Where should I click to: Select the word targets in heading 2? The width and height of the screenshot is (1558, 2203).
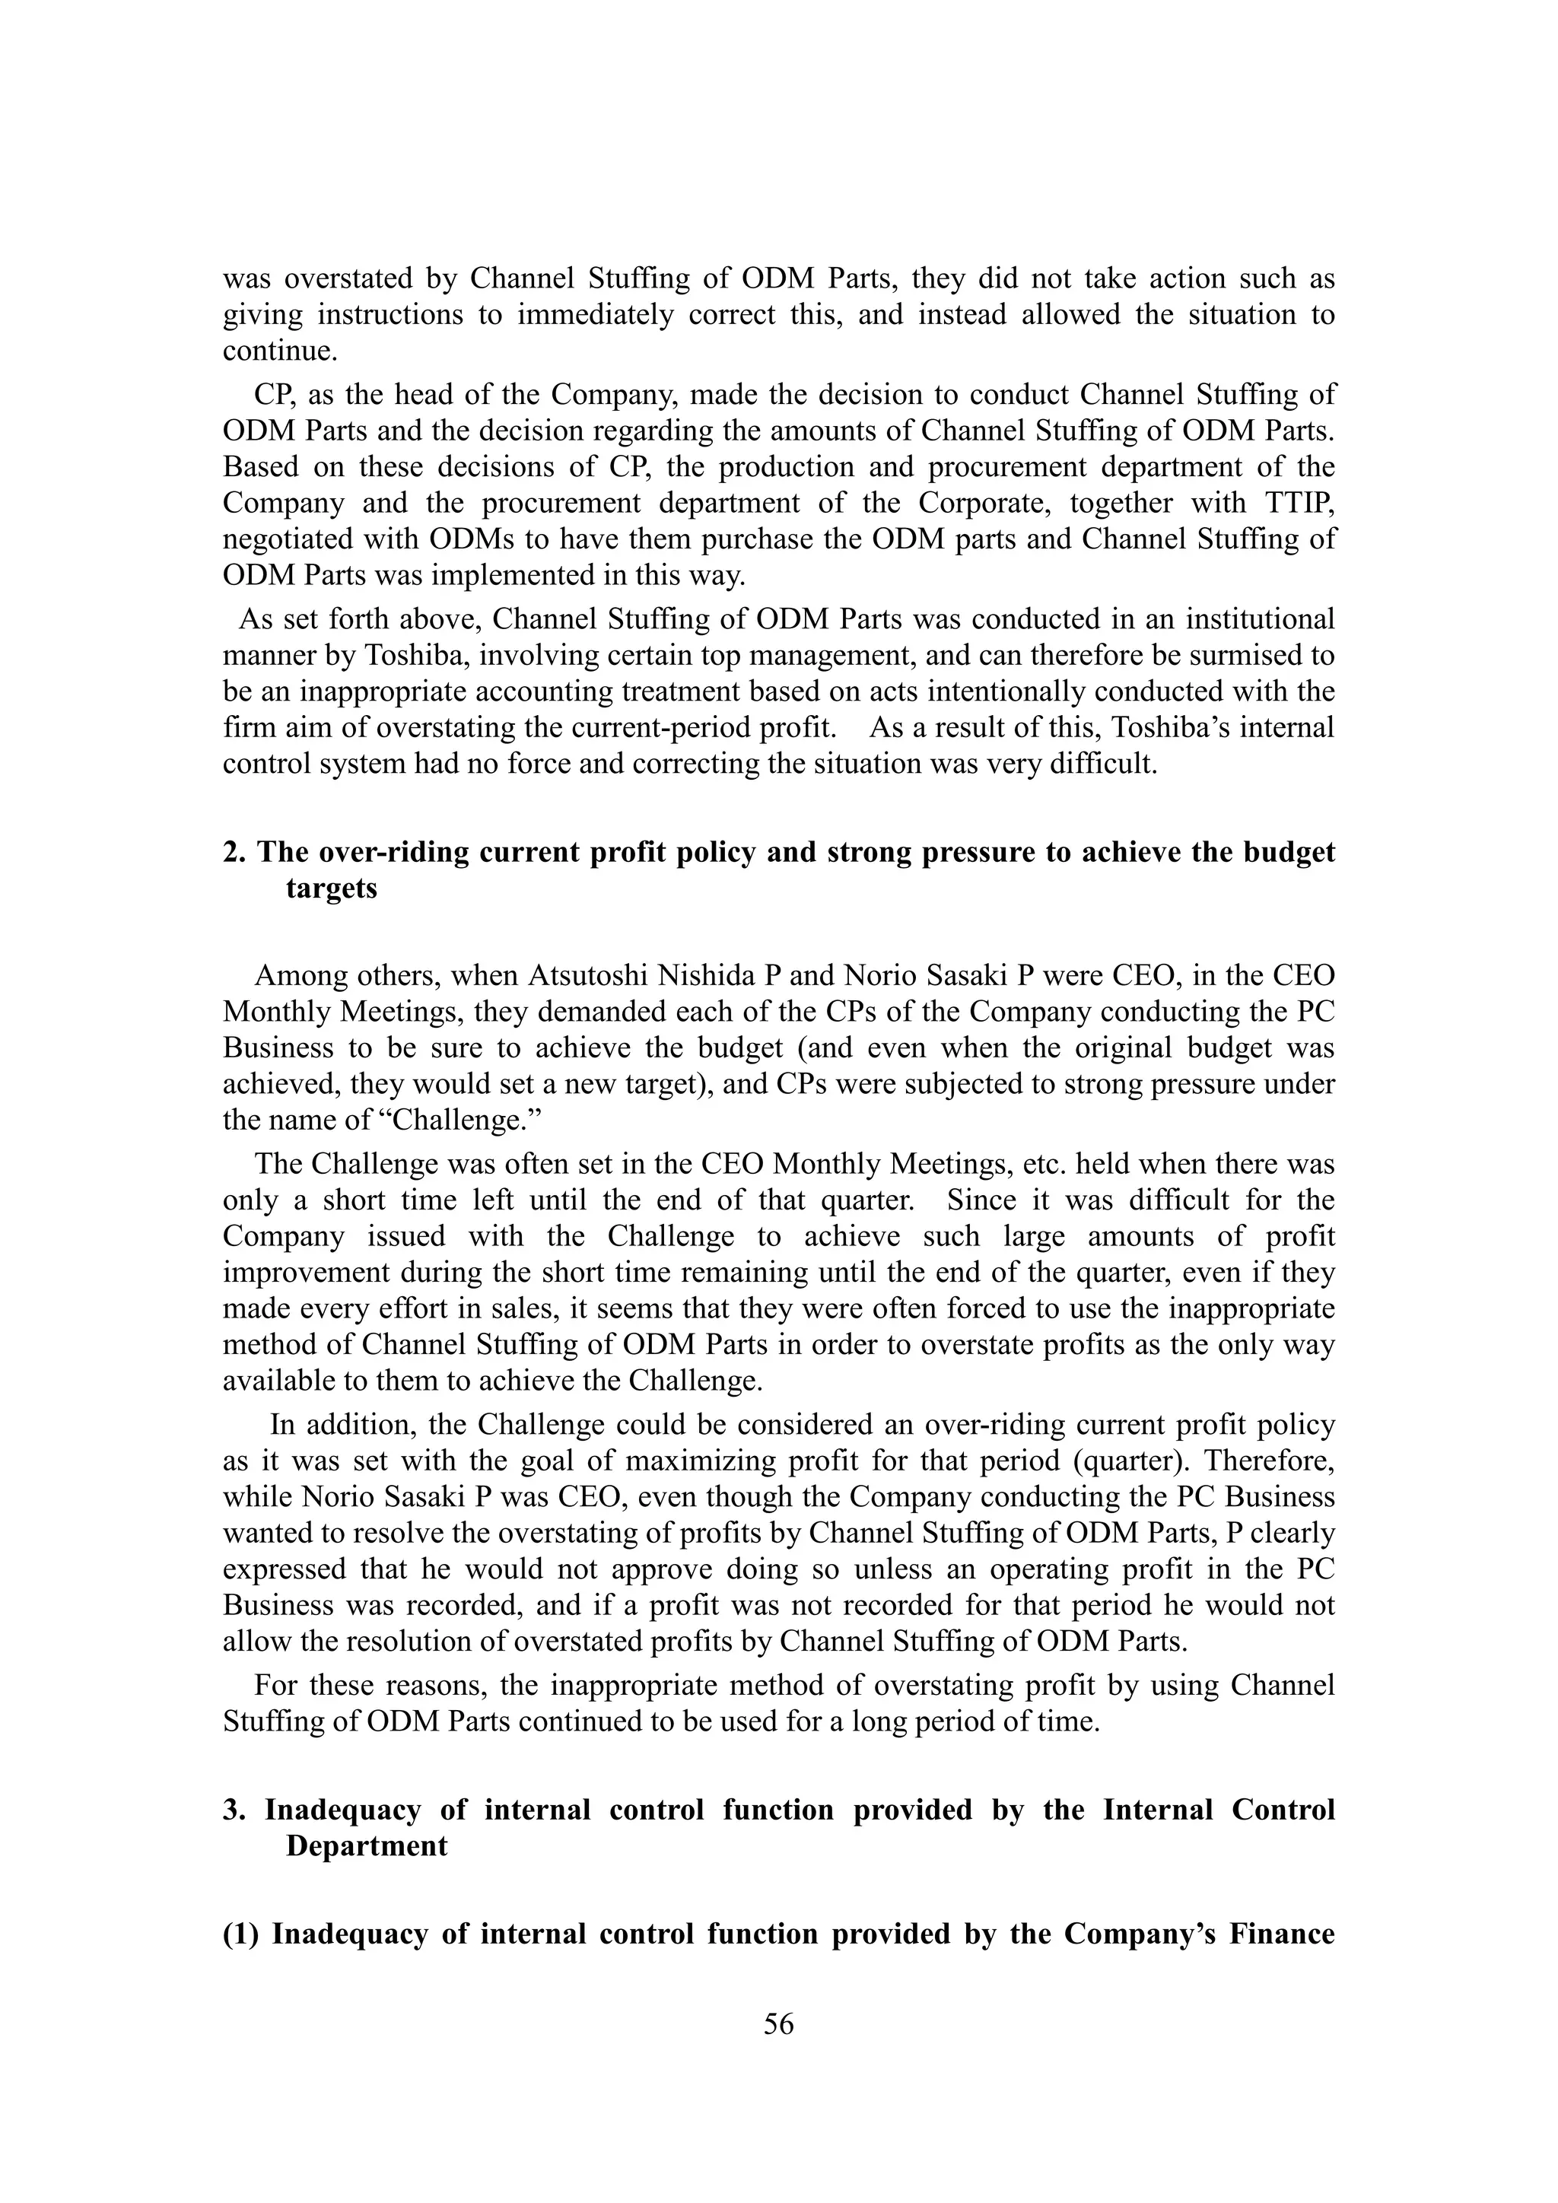tap(331, 889)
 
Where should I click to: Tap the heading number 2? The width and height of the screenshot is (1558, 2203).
tap(233, 852)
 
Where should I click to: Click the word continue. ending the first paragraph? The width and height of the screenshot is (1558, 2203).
tap(280, 351)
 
